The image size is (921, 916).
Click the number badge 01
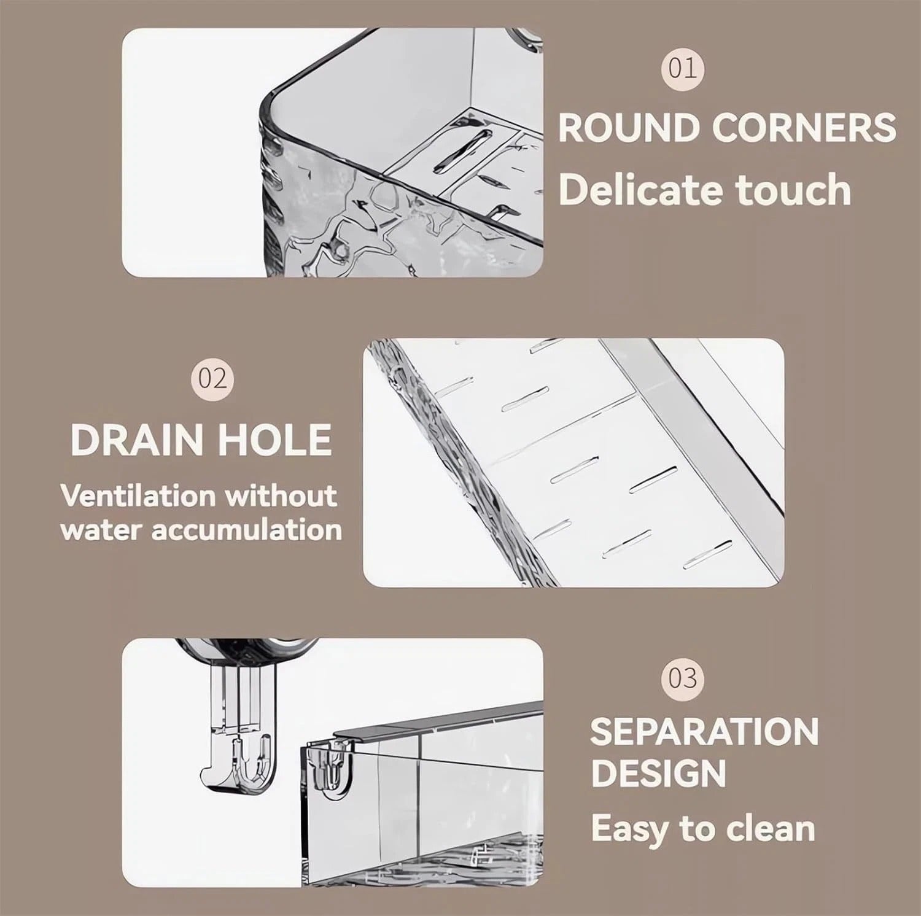[683, 68]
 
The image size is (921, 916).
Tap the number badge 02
[212, 379]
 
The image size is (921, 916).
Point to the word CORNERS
[804, 128]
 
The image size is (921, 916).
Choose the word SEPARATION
[704, 732]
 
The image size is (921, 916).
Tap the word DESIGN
[658, 773]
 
